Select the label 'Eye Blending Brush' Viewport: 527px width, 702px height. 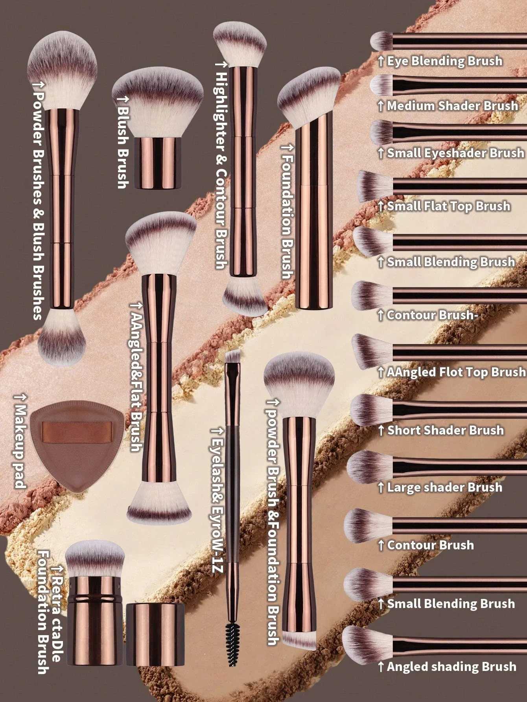(444, 61)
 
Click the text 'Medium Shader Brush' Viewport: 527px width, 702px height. (452, 106)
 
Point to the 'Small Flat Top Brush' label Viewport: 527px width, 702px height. (448, 206)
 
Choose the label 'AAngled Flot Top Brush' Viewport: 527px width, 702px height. (456, 372)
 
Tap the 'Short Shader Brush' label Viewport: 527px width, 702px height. (445, 430)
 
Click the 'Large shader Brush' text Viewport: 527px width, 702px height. (444, 488)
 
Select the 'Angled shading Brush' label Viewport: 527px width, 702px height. (451, 667)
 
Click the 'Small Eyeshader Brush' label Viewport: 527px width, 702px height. (455, 153)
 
